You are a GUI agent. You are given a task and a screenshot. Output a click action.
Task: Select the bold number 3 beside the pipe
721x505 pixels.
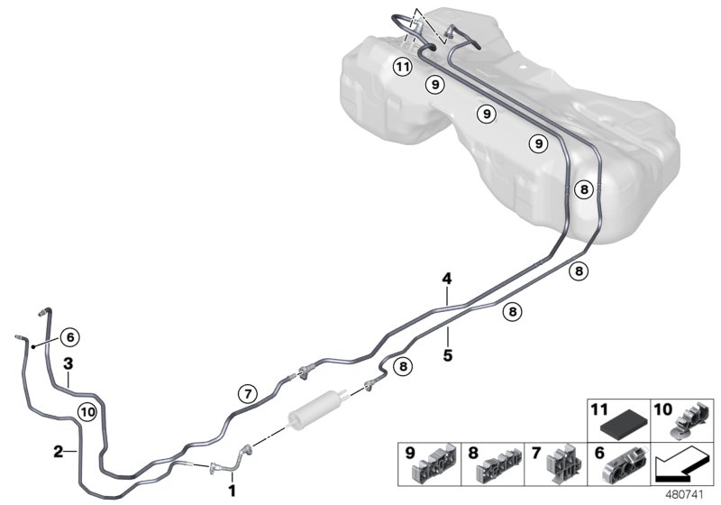point(68,364)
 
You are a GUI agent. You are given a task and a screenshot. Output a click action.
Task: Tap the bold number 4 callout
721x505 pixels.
point(446,279)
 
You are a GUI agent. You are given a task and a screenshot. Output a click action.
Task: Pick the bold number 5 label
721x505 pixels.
point(448,355)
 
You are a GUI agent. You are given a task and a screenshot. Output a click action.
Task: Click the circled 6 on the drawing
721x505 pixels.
point(69,338)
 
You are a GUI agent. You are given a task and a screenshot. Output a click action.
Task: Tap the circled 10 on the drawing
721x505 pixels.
point(87,411)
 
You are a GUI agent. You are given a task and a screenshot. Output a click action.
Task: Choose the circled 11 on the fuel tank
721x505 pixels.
point(403,68)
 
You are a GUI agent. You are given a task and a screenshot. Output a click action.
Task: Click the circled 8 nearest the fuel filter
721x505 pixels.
point(403,366)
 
